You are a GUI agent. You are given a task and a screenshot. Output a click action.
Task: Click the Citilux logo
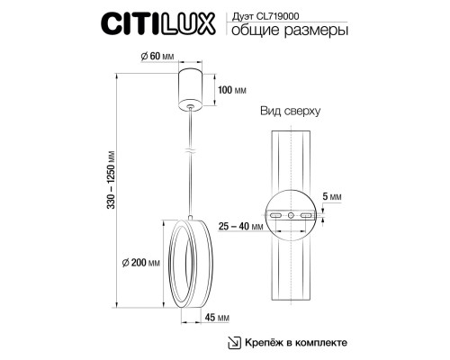pyautogui.click(x=158, y=23)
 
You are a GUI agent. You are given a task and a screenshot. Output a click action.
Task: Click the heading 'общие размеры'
pyautogui.click(x=290, y=31)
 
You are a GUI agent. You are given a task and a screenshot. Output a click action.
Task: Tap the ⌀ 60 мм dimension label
pyautogui.click(x=157, y=56)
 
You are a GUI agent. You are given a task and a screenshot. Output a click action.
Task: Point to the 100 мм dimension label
pyautogui.click(x=232, y=90)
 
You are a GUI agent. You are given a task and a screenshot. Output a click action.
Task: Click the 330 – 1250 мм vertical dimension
pyautogui.click(x=111, y=179)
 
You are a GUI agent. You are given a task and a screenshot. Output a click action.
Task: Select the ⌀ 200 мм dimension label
pyautogui.click(x=141, y=263)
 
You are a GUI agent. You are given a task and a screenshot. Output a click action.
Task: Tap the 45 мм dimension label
pyautogui.click(x=217, y=318)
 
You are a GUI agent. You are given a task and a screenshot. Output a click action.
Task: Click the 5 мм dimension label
pyautogui.click(x=332, y=197)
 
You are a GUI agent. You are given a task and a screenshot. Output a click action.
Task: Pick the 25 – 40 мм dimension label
pyautogui.click(x=241, y=226)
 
